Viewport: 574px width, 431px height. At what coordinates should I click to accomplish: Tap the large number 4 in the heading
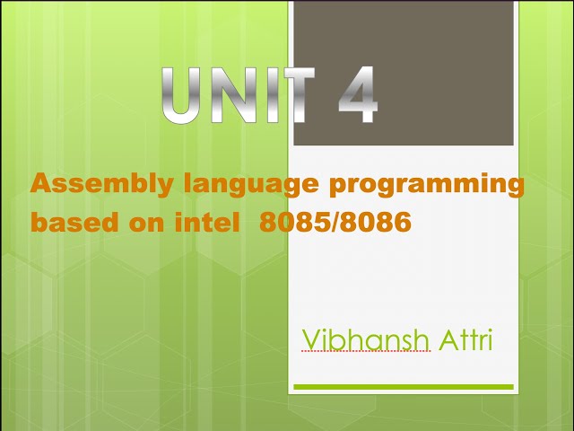tap(358, 95)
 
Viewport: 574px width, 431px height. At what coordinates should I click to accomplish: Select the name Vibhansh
tap(367, 340)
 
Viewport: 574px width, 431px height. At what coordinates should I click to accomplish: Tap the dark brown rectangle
tap(404, 73)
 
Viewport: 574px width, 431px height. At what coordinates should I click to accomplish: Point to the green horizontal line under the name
tap(404, 387)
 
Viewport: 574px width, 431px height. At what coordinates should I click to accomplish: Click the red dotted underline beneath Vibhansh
tap(367, 352)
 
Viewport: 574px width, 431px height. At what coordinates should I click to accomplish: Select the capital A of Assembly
tap(40, 184)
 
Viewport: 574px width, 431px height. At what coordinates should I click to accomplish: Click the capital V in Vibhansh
tap(311, 340)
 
